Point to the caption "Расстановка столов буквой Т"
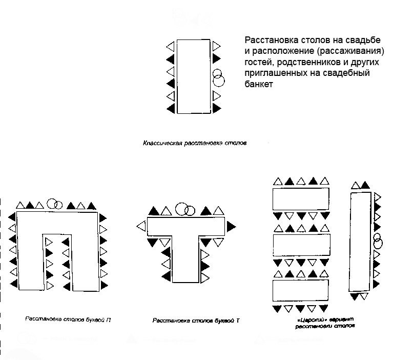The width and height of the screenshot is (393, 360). click(196, 321)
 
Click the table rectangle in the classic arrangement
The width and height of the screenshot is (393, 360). click(193, 76)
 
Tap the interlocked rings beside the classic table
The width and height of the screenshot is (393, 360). click(218, 77)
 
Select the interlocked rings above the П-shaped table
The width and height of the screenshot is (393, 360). click(54, 204)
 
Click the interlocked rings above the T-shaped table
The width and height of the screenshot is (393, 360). click(185, 209)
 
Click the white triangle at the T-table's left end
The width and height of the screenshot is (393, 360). click(141, 226)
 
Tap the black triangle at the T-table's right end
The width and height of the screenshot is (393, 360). click(232, 225)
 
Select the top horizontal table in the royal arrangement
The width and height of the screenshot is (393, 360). click(300, 198)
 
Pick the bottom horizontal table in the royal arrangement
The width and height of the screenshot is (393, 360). click(300, 290)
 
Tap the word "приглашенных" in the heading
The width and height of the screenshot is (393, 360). click(276, 73)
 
